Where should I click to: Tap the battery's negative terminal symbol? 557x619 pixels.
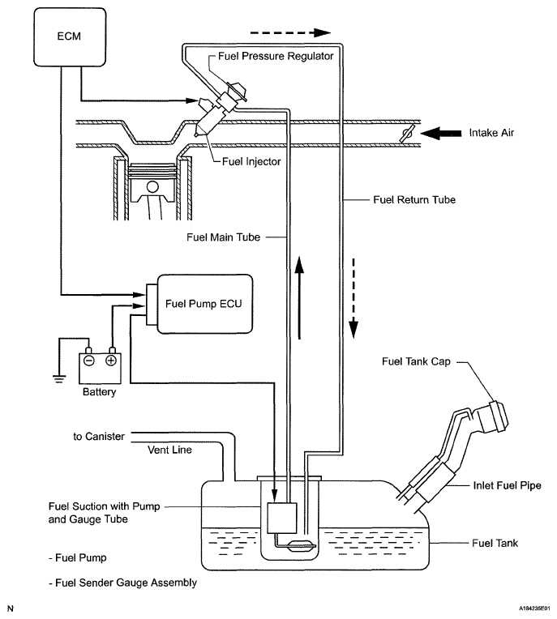pos(88,361)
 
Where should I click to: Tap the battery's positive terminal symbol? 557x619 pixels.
pos(111,361)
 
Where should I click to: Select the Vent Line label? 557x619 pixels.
pos(169,450)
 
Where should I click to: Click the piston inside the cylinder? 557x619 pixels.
pos(152,181)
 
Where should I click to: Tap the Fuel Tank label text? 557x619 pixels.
pos(495,544)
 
